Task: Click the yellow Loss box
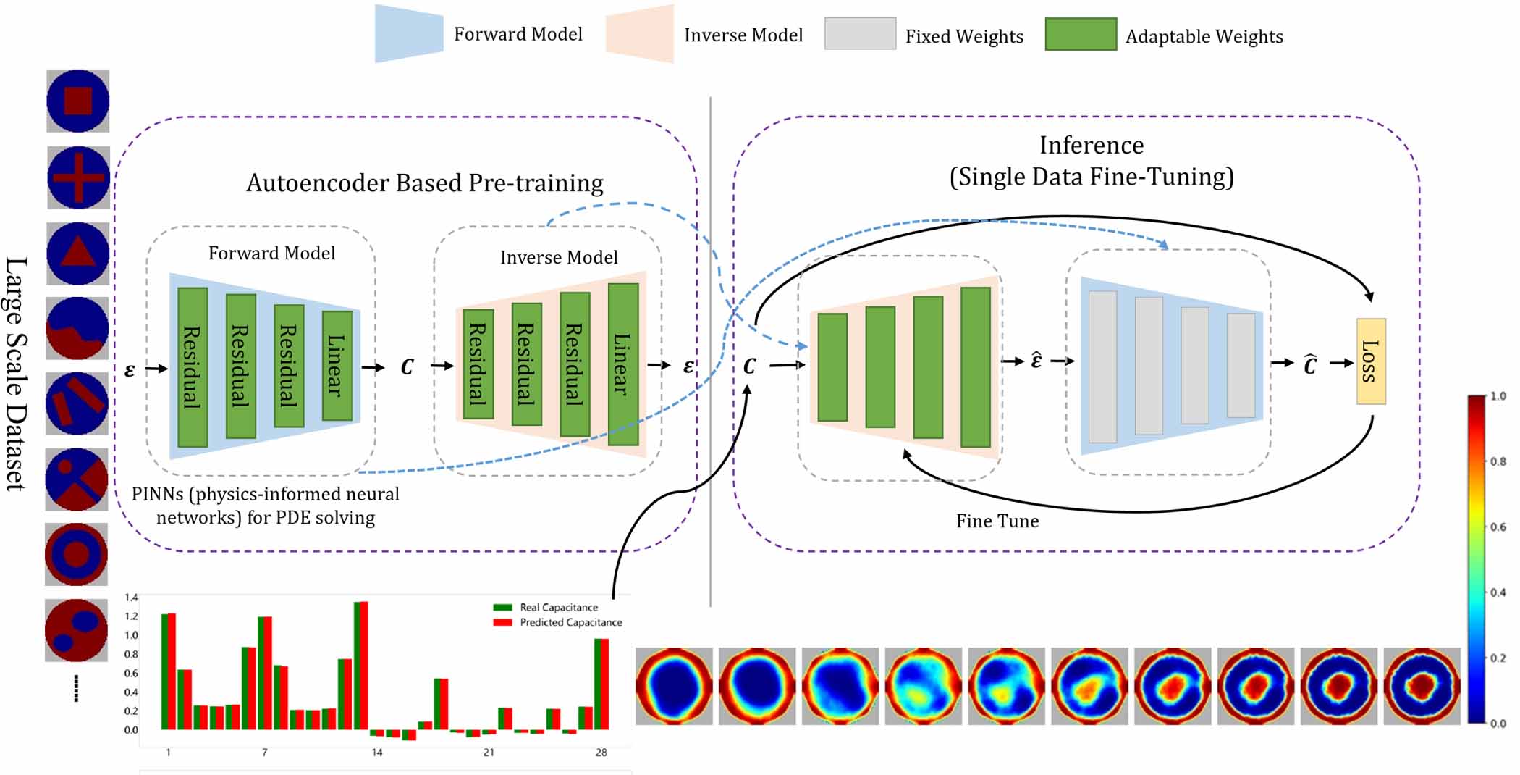pyautogui.click(x=1371, y=361)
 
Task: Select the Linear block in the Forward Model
pyautogui.click(x=337, y=366)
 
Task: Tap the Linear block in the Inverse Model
pyautogui.click(x=623, y=364)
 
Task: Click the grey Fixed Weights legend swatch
pyautogui.click(x=860, y=33)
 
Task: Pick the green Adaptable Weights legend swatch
pyautogui.click(x=1081, y=34)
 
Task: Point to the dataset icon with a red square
pyautogui.click(x=78, y=101)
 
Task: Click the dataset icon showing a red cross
pyautogui.click(x=78, y=177)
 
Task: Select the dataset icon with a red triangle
pyautogui.click(x=78, y=254)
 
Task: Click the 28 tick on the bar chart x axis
pyautogui.click(x=601, y=753)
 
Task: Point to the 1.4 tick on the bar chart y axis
pyautogui.click(x=131, y=598)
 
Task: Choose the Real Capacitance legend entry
pyautogui.click(x=546, y=607)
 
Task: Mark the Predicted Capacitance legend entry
pyautogui.click(x=557, y=622)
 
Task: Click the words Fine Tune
pyautogui.click(x=997, y=521)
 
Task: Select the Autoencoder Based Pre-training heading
pyautogui.click(x=425, y=183)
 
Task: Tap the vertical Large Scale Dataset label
pyautogui.click(x=16, y=374)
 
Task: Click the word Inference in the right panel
pyautogui.click(x=1092, y=145)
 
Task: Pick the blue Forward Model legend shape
pyautogui.click(x=409, y=33)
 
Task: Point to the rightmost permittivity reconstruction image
pyautogui.click(x=1422, y=686)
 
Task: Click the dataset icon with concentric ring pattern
pyautogui.click(x=77, y=554)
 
